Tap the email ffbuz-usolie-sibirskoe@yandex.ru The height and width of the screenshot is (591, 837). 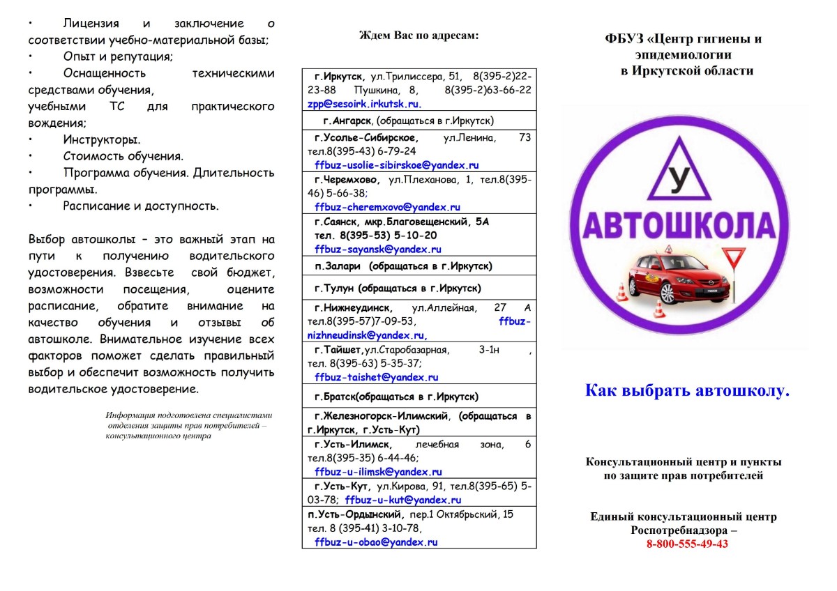pos(396,165)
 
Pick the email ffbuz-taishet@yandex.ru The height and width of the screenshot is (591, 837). pos(376,377)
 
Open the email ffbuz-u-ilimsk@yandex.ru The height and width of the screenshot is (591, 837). pos(378,472)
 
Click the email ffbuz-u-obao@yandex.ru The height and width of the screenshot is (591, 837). pos(376,542)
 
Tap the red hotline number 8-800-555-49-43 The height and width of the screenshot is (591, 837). pos(686,544)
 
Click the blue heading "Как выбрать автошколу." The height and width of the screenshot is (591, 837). pos(687,390)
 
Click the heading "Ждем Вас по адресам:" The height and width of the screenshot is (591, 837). pos(418,35)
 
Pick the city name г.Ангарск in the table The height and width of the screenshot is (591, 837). pos(337,120)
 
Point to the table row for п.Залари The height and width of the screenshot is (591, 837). pos(418,266)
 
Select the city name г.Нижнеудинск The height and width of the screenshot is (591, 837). pos(353,307)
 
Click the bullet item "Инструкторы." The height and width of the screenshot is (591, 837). pos(101,139)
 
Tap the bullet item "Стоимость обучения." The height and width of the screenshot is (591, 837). pos(123,156)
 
